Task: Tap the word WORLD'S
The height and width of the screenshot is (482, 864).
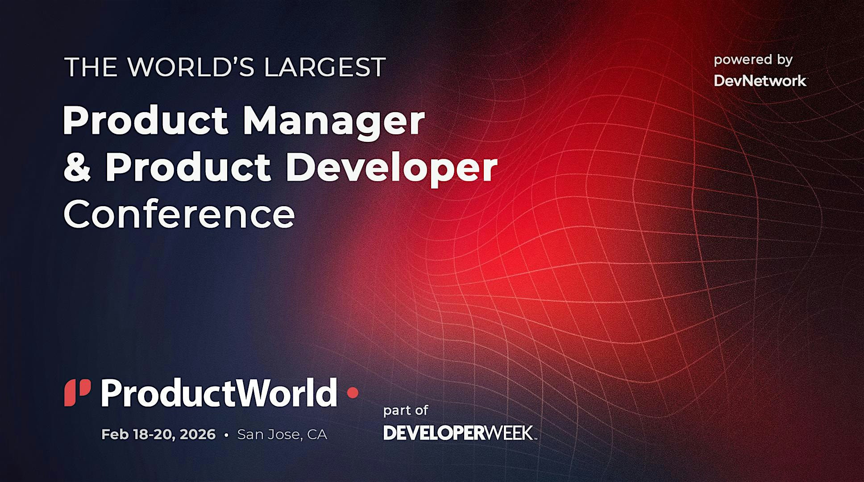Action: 191,67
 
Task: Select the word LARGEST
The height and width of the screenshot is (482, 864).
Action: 324,67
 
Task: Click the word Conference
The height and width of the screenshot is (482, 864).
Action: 179,215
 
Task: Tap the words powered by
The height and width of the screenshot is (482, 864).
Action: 753,60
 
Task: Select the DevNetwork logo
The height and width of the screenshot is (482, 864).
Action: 760,81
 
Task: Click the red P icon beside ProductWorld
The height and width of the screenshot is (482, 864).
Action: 78,393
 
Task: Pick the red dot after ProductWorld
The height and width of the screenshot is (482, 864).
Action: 353,393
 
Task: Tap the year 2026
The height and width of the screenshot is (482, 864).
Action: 198,434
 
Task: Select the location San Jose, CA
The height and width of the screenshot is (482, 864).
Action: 282,434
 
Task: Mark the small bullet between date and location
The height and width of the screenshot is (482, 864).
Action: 227,435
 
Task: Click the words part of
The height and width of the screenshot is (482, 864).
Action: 406,411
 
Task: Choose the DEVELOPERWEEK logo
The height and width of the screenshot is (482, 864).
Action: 460,432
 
